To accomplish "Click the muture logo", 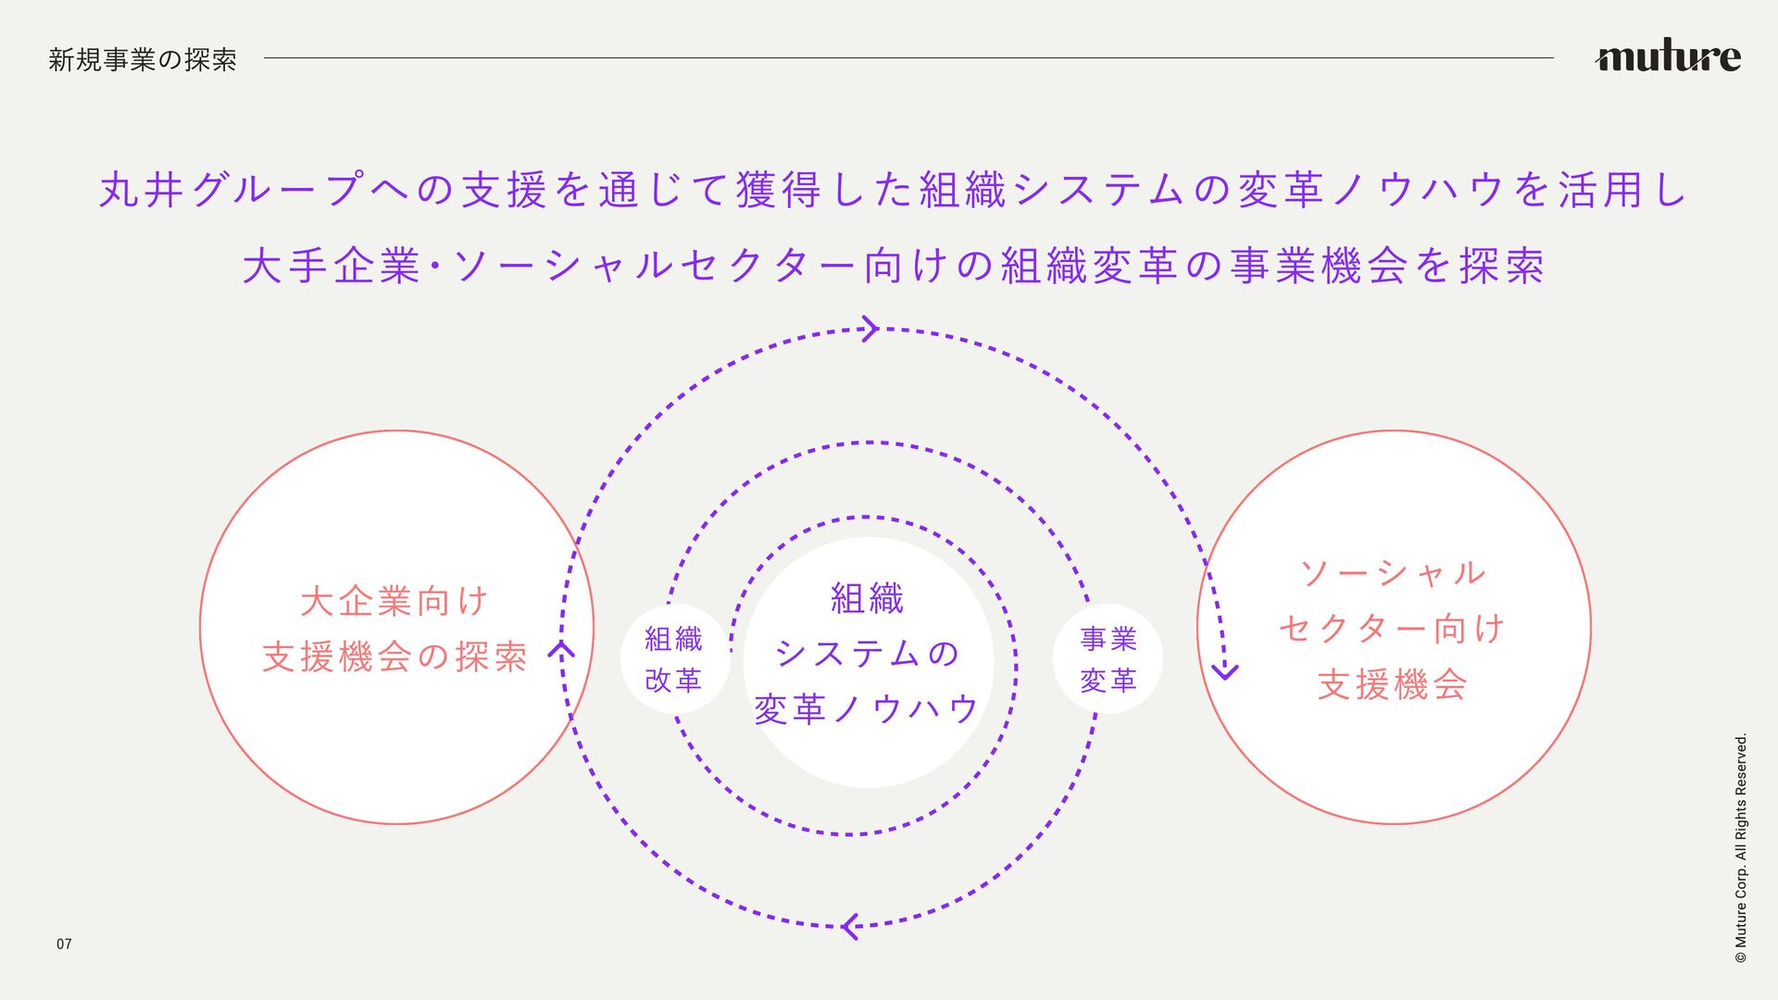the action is (1667, 57).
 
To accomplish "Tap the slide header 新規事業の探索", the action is (143, 60).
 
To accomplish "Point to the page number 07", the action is (64, 944).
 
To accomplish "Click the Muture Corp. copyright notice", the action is (1741, 848).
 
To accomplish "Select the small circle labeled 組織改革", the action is (674, 659).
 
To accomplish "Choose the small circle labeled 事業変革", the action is (1108, 659).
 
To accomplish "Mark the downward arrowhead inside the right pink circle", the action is (1225, 670).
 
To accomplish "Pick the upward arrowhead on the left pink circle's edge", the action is (561, 648).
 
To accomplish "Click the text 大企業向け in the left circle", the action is (394, 602).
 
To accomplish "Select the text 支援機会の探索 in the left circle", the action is (394, 657).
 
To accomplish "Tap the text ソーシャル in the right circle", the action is (1393, 573).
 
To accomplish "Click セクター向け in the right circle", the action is (1393, 630).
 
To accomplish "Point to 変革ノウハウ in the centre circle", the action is (867, 709).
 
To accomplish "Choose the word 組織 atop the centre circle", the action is (867, 599).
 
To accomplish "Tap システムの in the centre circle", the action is (867, 654).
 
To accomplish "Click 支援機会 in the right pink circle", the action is (1393, 685).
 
